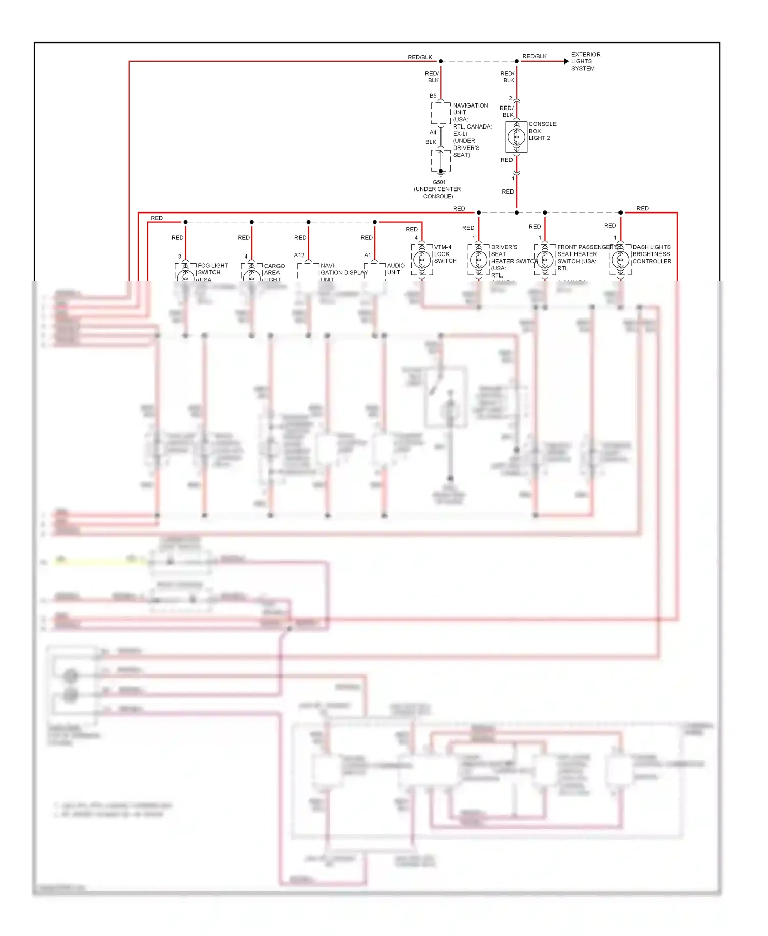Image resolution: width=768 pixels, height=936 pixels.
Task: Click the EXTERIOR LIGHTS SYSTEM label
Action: pyautogui.click(x=585, y=61)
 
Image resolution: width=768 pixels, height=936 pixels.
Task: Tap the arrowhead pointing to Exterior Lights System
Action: pyautogui.click(x=566, y=61)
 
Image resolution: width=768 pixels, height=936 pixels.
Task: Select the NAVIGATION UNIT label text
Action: pyautogui.click(x=470, y=109)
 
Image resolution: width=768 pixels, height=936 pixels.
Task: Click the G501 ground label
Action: pyautogui.click(x=439, y=182)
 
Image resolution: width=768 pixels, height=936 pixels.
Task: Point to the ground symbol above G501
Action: pyautogui.click(x=441, y=173)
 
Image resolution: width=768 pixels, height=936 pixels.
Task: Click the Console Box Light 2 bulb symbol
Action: pyautogui.click(x=516, y=137)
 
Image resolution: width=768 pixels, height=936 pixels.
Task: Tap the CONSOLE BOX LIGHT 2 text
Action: pyautogui.click(x=542, y=131)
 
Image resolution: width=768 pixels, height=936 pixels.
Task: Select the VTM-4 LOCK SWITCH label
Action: pyautogui.click(x=444, y=254)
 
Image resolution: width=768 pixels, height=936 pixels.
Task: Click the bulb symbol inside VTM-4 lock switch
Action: pyautogui.click(x=422, y=260)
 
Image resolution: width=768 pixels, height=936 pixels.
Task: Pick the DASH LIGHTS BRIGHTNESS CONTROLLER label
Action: pyautogui.click(x=651, y=254)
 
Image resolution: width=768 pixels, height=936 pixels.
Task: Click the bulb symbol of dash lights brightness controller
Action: pyautogui.click(x=620, y=260)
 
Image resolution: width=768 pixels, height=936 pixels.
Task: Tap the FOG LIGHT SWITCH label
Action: pyautogui.click(x=212, y=269)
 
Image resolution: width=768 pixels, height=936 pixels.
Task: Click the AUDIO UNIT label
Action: pyautogui.click(x=395, y=269)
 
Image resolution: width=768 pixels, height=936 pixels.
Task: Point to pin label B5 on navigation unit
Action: pyautogui.click(x=433, y=96)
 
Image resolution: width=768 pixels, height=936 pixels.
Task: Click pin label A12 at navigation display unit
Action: pyautogui.click(x=299, y=255)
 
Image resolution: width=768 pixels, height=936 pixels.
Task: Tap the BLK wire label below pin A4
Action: pyautogui.click(x=431, y=142)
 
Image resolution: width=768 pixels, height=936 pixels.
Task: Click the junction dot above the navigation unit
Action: pyautogui.click(x=441, y=61)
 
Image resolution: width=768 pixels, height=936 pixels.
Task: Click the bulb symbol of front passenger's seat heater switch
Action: pyautogui.click(x=545, y=260)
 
